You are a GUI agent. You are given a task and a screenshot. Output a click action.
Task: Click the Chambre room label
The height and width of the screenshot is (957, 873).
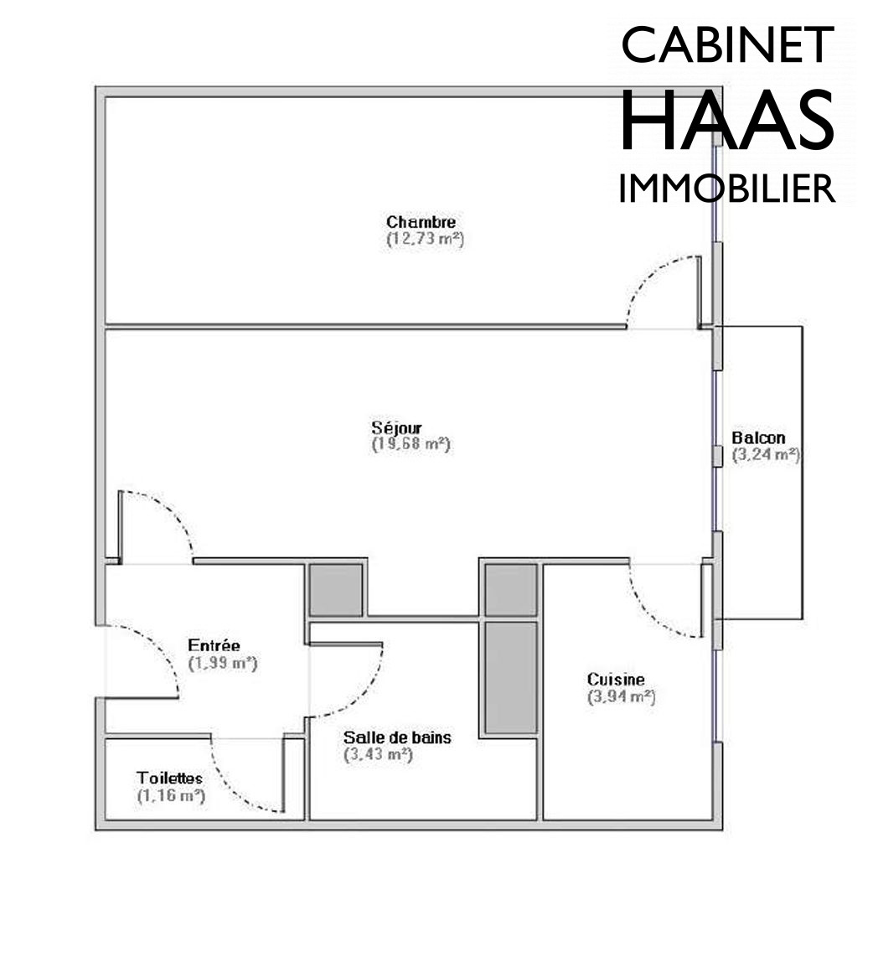pos(421,221)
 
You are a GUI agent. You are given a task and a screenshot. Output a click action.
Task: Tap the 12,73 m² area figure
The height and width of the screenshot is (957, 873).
pos(426,239)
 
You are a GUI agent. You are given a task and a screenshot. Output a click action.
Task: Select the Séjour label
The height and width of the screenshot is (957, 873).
pos(396,427)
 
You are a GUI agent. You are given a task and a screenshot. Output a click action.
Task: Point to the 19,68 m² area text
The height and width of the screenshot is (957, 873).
pos(411,444)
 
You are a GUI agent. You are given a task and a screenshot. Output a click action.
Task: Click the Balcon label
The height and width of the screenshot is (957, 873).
pos(758,437)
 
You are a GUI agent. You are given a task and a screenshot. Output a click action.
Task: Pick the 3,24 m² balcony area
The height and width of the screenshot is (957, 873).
pos(766,455)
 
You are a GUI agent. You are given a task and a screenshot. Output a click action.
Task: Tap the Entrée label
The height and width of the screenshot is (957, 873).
pos(214,645)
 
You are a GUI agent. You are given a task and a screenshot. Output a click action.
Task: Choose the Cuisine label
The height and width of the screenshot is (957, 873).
pos(616,680)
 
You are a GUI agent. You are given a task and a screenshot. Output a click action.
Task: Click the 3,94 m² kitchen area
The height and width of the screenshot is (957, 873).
pos(622,696)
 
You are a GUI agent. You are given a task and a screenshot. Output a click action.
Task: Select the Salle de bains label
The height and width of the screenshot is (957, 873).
pos(397,737)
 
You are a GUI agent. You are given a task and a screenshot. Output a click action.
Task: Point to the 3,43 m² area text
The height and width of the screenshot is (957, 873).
pos(378,754)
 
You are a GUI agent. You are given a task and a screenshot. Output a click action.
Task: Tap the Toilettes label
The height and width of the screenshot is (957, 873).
pos(169,779)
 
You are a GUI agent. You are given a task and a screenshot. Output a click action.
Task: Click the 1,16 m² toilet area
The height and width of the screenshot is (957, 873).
pos(172,796)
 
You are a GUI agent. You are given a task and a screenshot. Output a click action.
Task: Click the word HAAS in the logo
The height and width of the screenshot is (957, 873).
pos(726,120)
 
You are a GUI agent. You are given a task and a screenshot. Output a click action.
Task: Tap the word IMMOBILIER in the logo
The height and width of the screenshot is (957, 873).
pos(726,189)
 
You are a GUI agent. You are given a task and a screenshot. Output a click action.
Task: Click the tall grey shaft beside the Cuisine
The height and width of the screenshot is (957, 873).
pos(511,677)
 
